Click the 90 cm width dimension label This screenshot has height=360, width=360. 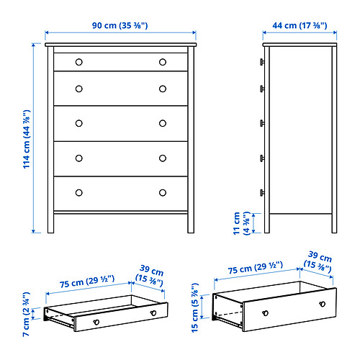pos(120,25)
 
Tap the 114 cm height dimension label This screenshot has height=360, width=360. pos(27,139)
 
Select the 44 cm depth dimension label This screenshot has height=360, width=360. pos(300,25)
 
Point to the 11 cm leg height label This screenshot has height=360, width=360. pos(242,223)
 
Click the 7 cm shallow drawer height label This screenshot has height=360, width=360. pos(26,314)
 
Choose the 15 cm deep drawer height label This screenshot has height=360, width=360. pos(195,308)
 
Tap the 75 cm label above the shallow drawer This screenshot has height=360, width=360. pos(87,282)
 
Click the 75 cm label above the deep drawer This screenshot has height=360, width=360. pos(256,268)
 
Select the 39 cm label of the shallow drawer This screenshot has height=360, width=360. pos(150,276)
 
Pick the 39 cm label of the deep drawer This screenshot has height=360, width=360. pos(318,262)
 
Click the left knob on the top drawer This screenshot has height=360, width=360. pos(79,62)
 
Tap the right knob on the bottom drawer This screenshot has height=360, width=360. pos(163,193)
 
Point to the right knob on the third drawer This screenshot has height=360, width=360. pos(163,123)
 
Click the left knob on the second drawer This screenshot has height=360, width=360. pos(79,89)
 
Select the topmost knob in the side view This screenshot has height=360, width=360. pos(262,62)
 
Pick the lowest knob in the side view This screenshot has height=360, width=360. pos(262,193)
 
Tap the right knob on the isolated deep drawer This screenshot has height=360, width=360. pos(323,304)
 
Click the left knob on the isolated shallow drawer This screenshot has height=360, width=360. pos(96,322)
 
